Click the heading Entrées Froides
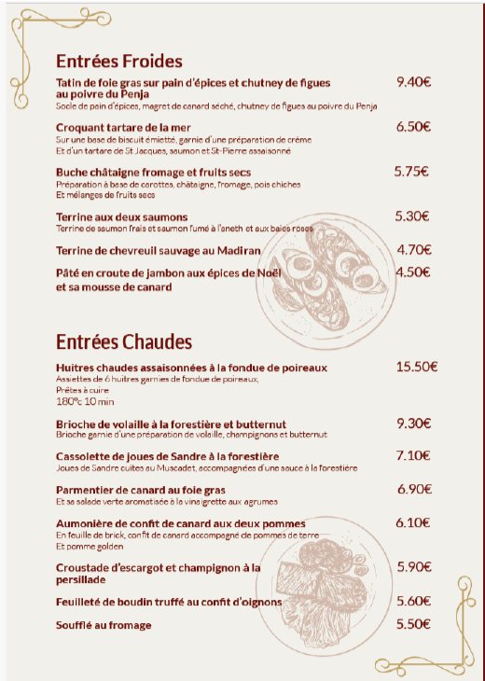[118, 62]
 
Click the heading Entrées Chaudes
[124, 341]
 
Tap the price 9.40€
[413, 82]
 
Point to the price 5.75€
[410, 172]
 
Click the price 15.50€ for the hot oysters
[417, 367]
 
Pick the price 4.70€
[413, 250]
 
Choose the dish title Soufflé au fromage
[104, 625]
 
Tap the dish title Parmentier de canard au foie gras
[141, 490]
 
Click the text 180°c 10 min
[85, 402]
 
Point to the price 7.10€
[413, 456]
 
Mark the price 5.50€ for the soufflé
[413, 624]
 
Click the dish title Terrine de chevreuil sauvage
[158, 251]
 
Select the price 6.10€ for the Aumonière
[413, 523]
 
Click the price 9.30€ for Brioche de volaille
[413, 424]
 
